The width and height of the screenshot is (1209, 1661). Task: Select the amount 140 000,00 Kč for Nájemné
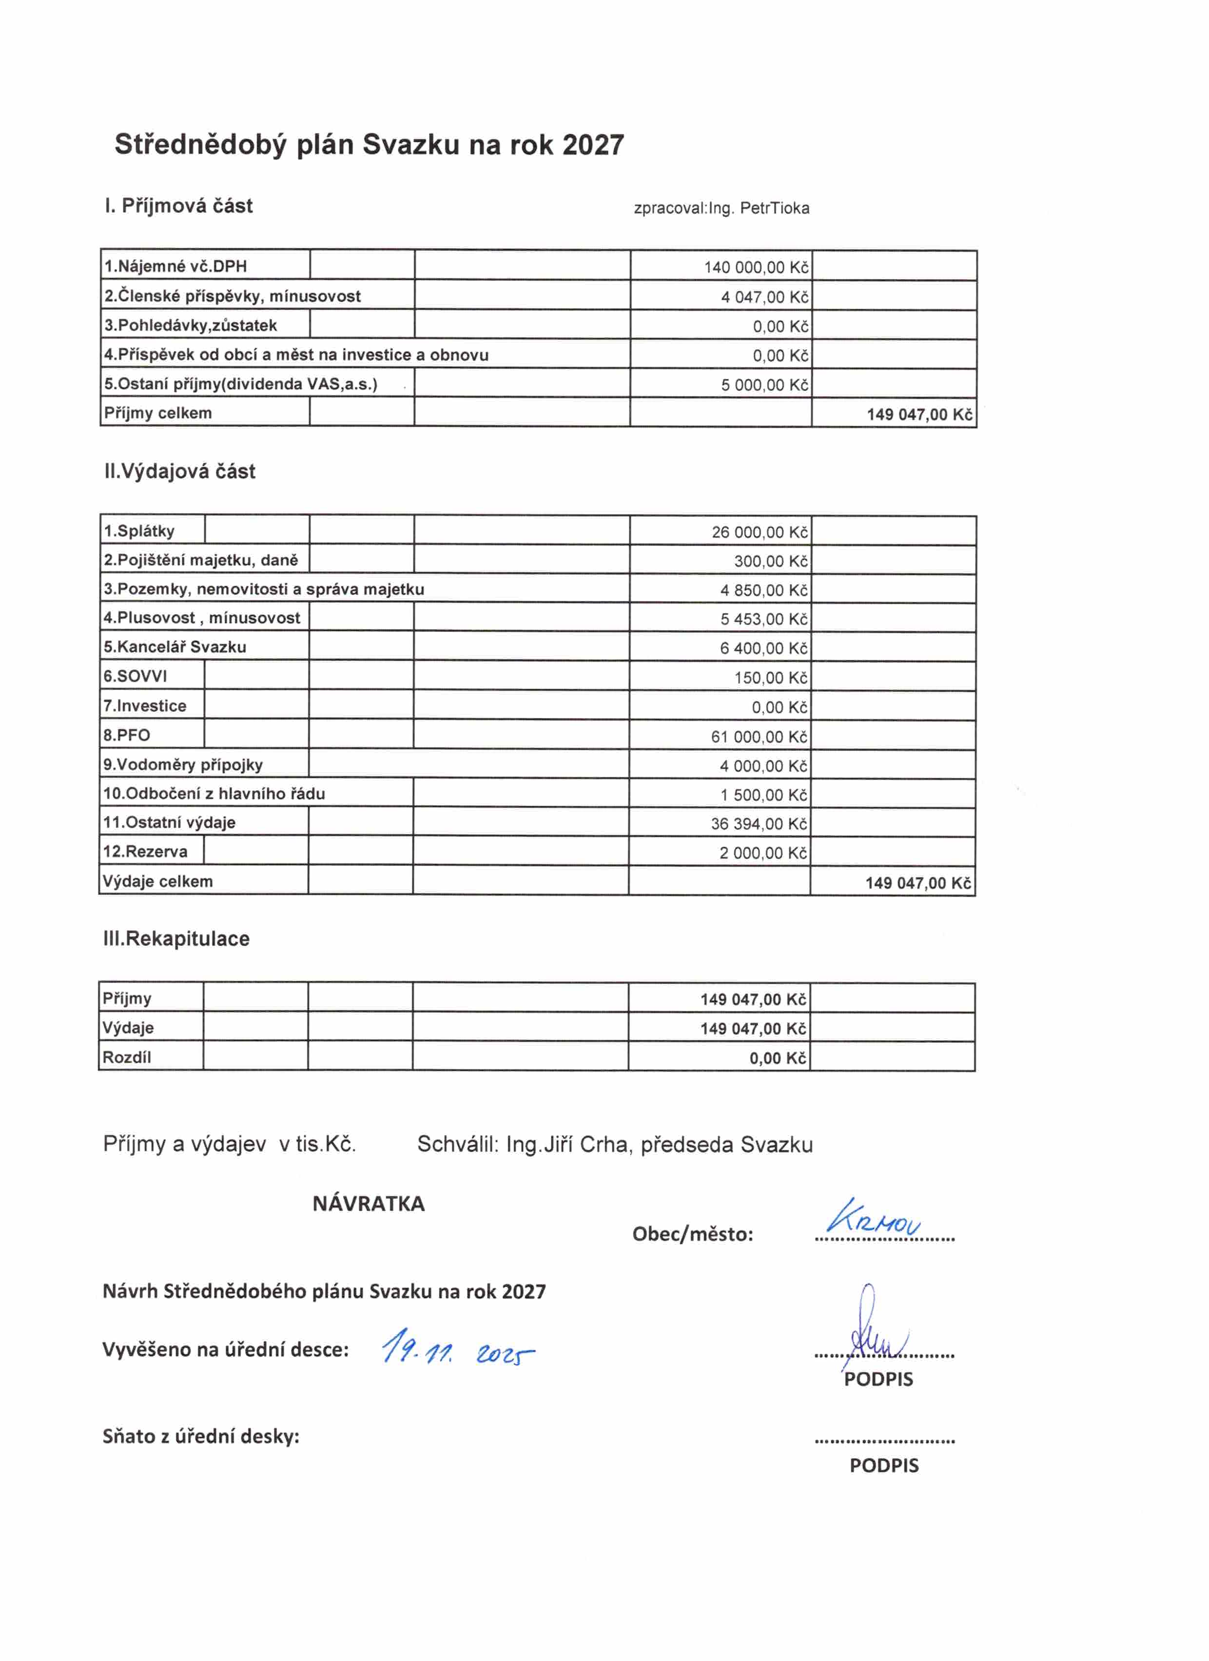tap(756, 267)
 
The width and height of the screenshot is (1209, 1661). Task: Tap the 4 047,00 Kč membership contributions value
tap(764, 297)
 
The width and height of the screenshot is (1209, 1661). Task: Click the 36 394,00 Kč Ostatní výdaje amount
tap(759, 824)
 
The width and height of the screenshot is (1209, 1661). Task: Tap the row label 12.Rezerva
tap(145, 852)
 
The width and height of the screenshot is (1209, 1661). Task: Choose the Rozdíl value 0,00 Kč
tap(777, 1058)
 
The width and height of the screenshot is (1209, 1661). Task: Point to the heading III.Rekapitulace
tap(176, 939)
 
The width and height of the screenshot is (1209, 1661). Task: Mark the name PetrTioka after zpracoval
tap(774, 209)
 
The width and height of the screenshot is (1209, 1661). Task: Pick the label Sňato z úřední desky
tap(201, 1437)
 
